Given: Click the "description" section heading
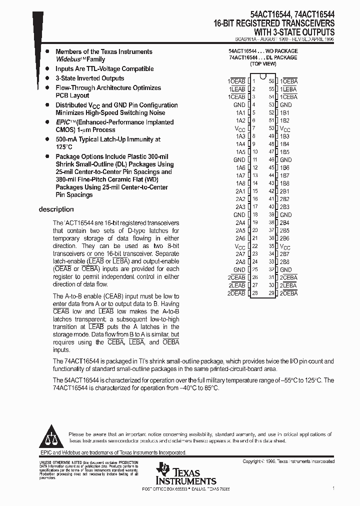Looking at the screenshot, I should [56, 209].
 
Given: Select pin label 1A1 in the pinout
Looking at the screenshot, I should [240, 113].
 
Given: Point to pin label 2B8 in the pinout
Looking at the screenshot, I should [284, 261].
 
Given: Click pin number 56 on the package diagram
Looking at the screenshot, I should [271, 81].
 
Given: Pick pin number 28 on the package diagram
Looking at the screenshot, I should [255, 293].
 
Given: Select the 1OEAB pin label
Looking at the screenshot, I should [236, 81].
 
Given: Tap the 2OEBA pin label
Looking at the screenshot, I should [288, 293].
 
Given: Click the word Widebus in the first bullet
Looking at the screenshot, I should [69, 59].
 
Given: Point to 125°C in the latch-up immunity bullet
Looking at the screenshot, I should [64, 147].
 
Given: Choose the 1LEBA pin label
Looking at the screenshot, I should [288, 89].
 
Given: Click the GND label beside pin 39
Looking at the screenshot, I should [285, 214].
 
